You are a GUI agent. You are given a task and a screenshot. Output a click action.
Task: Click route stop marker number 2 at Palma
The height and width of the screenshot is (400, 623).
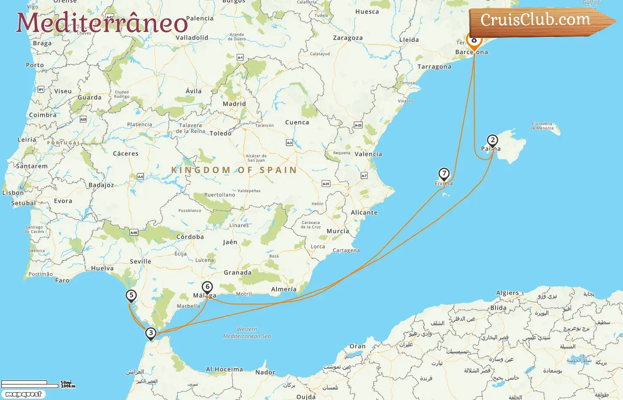[492, 140]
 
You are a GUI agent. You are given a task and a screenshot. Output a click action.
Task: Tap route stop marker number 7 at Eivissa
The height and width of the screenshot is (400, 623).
[444, 174]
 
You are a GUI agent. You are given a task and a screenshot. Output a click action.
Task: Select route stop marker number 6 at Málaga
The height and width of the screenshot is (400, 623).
[207, 287]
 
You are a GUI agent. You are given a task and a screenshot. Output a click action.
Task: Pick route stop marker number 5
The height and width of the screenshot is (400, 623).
[131, 296]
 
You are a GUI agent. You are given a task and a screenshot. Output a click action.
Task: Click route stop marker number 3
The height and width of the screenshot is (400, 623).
[151, 333]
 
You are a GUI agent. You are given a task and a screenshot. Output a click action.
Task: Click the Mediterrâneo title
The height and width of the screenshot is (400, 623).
[102, 23]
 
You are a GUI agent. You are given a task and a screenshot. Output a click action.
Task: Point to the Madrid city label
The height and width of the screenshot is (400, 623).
[234, 104]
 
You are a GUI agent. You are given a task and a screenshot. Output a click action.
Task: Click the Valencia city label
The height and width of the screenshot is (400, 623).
[368, 154]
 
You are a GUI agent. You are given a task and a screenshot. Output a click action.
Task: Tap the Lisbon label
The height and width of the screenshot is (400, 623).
[13, 193]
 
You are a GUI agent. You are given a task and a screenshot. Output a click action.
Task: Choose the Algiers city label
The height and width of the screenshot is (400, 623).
[507, 293]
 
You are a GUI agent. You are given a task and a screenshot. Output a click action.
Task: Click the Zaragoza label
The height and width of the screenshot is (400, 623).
[348, 38]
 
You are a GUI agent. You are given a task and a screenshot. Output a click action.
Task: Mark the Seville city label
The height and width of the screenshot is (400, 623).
[140, 261]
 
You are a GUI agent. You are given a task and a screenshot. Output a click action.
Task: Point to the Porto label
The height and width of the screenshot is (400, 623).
[35, 65]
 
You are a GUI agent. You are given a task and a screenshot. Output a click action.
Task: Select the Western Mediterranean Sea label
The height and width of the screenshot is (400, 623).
[247, 333]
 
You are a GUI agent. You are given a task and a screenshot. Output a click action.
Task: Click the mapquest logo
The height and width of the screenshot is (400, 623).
[23, 394]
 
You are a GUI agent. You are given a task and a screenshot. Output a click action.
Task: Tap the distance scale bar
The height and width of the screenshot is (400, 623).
[30, 384]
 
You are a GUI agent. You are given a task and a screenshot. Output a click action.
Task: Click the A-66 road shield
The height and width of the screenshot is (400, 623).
[133, 232]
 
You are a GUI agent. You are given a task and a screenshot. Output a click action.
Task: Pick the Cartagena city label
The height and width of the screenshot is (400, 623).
[346, 251]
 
